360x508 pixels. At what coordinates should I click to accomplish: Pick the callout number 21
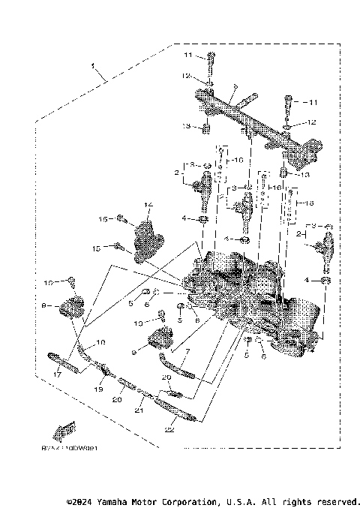pos(138,410)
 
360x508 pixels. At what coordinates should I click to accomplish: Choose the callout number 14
pos(148,203)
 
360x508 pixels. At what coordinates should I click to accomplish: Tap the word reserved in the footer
pos(337,500)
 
